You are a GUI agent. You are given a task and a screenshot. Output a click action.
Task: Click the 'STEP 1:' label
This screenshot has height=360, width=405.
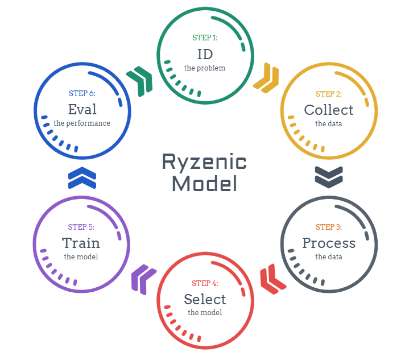click(205, 39)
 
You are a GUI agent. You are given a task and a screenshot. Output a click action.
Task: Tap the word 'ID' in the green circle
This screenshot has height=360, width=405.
click(205, 54)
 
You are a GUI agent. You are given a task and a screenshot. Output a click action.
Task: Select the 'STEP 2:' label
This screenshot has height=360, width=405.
click(329, 94)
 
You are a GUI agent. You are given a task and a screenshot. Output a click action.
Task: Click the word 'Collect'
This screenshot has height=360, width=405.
click(329, 110)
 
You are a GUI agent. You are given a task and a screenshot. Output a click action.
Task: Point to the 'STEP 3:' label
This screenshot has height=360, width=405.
click(329, 227)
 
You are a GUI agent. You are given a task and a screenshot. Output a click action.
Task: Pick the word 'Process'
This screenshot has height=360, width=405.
click(329, 243)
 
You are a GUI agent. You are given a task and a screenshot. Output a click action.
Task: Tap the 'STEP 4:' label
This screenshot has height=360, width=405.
click(205, 283)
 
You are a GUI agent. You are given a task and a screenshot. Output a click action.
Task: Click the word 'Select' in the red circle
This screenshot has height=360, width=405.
click(205, 299)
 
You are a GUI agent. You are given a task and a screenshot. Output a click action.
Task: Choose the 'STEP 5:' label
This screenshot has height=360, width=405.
click(81, 227)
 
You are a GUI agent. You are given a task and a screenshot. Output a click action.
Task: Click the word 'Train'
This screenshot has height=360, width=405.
click(81, 243)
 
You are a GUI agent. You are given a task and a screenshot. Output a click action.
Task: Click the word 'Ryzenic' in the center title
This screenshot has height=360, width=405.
click(204, 162)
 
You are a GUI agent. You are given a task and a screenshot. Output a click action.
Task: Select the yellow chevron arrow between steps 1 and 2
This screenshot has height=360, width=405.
click(266, 78)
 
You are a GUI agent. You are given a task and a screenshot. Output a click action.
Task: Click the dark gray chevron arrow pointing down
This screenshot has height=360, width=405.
click(329, 176)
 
